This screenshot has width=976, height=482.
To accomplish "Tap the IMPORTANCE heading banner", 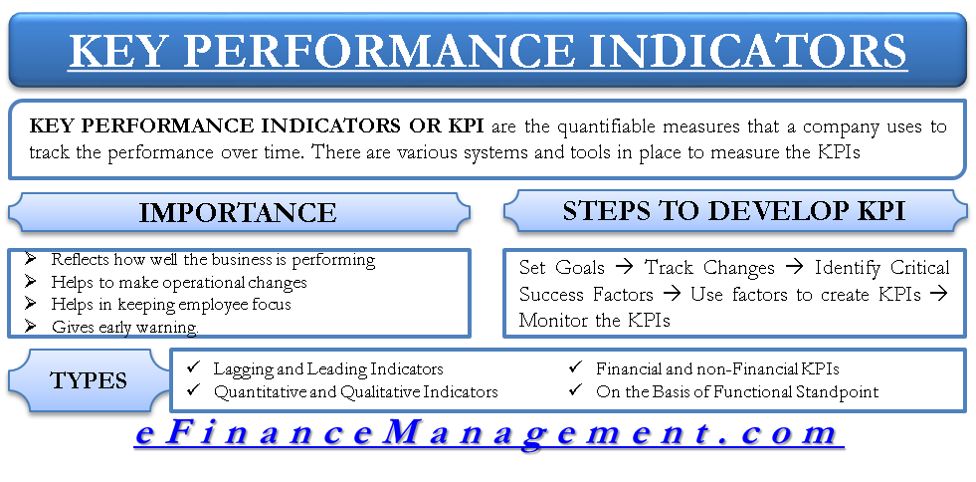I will click(x=238, y=212).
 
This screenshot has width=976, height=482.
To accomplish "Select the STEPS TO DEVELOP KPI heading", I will click(x=733, y=211).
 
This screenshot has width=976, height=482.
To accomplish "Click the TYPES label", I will click(x=89, y=380).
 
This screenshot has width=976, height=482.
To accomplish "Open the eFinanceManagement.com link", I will click(x=488, y=434).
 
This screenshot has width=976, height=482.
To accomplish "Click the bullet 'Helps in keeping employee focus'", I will click(x=171, y=304).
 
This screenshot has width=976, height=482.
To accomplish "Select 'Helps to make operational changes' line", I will click(x=179, y=282).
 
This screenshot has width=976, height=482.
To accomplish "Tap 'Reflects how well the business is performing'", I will click(x=213, y=260).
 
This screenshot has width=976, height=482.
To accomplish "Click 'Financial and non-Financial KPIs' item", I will click(x=717, y=369).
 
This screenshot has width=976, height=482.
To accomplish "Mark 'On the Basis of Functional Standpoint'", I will click(x=737, y=391).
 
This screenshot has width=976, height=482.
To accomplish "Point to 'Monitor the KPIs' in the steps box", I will click(x=594, y=321).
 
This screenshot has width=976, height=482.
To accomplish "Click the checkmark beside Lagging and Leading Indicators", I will click(x=193, y=369).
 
